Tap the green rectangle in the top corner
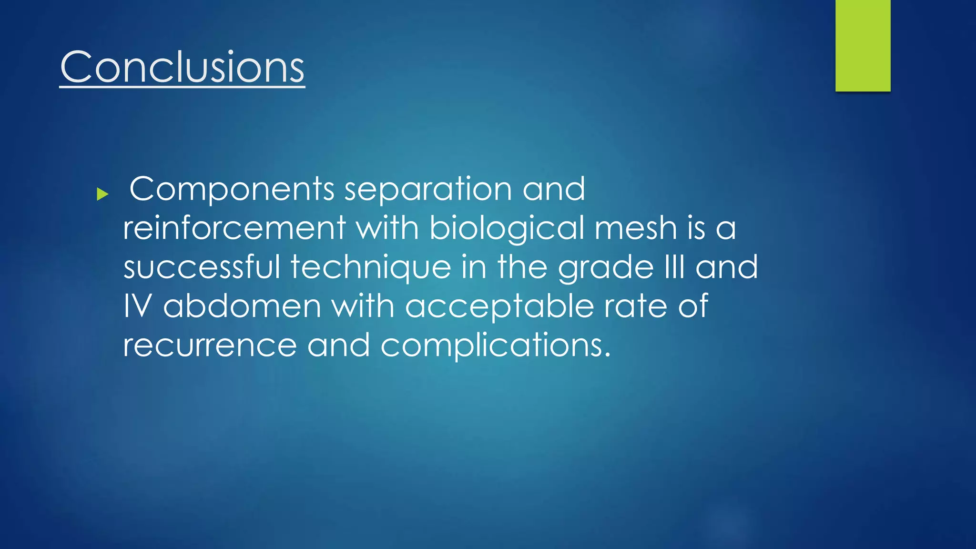pos(863,46)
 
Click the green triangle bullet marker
pos(102,194)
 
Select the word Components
pos(232,190)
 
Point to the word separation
pos(428,190)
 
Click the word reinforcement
pos(234,228)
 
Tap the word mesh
pos(636,228)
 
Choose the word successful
pos(202,267)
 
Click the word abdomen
pos(242,306)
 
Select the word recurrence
pos(210,345)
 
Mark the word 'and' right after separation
pos(554,189)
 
